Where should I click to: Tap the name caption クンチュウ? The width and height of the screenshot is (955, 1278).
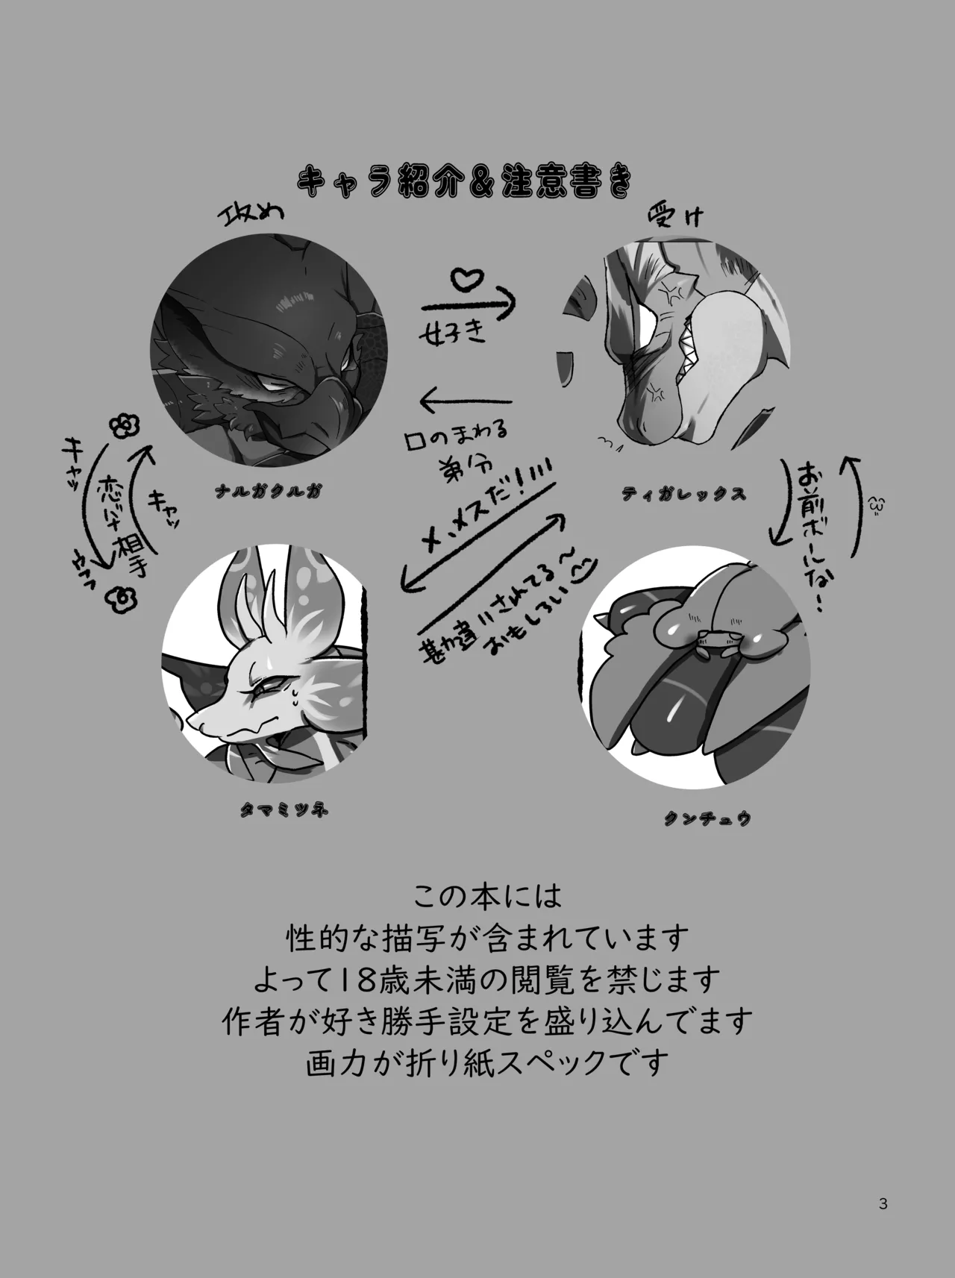pyautogui.click(x=706, y=818)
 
